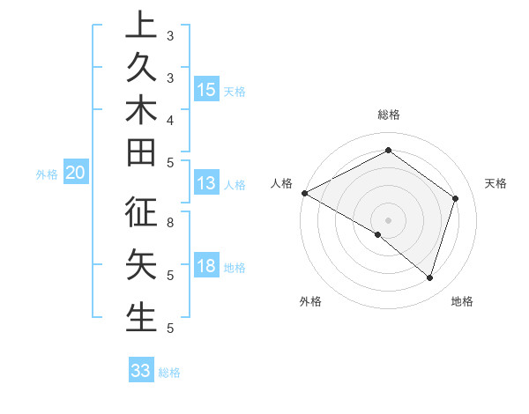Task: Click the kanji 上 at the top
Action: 141,25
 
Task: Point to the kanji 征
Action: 141,214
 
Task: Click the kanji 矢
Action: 141,265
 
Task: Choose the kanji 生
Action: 141,315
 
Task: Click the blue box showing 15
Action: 206,90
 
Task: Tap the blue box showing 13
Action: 206,183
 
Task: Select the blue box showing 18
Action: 206,266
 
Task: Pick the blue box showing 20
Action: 76,174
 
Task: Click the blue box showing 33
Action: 141,370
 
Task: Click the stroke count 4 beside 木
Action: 170,119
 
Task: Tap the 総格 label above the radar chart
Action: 388,115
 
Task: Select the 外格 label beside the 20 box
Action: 47,174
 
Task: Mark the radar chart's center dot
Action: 388,219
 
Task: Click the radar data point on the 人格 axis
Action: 304,193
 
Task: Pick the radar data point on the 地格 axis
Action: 429,277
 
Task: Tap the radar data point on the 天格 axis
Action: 455,198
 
